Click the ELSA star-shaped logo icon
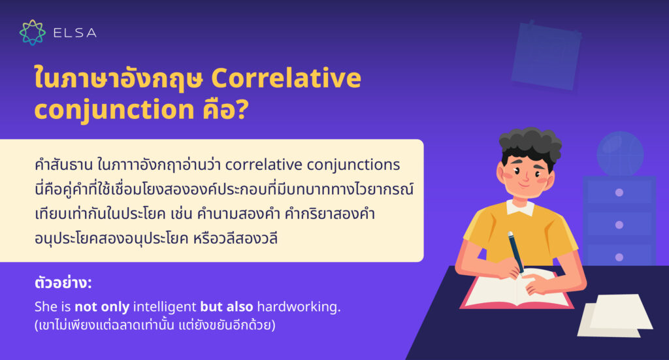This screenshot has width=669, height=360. pos(33,32)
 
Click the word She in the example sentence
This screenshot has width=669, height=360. pos(45,306)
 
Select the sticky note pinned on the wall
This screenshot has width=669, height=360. pos(546,55)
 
